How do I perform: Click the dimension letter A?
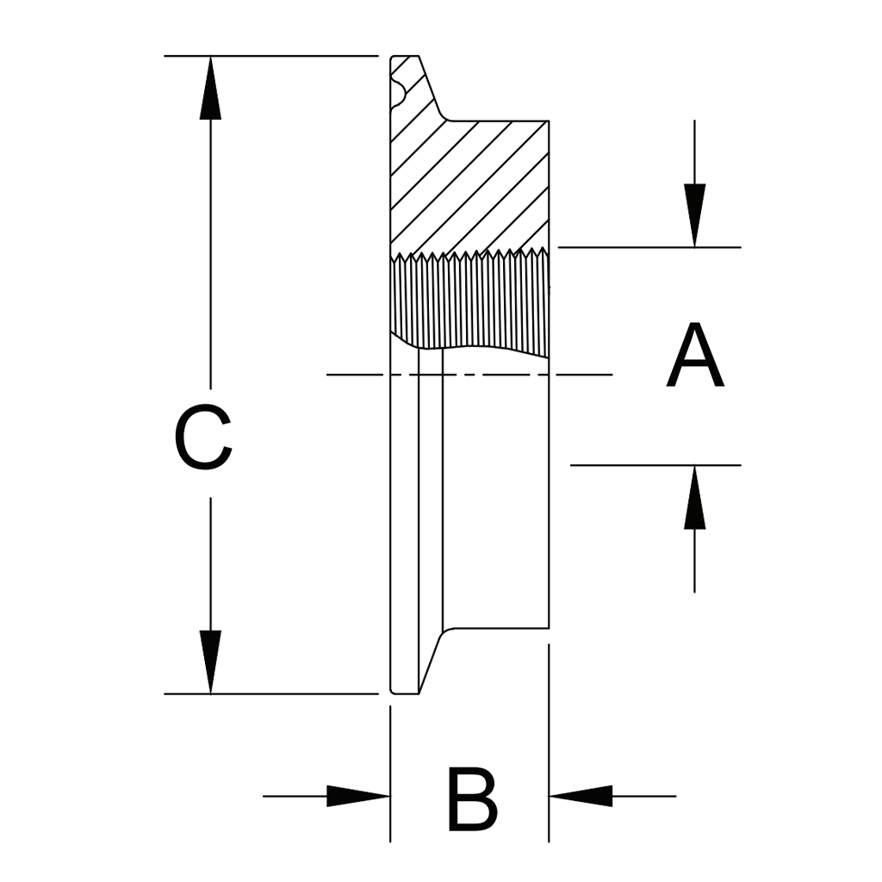(695, 356)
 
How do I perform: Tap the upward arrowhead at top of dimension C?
(210, 90)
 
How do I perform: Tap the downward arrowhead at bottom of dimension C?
(210, 660)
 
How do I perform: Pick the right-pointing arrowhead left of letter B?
(357, 796)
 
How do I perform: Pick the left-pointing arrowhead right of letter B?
(582, 796)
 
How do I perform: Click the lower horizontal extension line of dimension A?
(655, 465)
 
